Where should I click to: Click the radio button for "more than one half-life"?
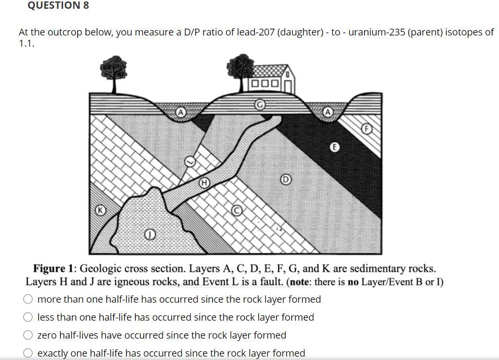click(29, 299)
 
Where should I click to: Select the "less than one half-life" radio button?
click(29, 317)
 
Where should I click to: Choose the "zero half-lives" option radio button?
click(29, 335)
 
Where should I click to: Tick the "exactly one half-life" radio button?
click(29, 353)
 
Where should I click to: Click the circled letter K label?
click(100, 210)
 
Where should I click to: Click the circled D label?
click(286, 180)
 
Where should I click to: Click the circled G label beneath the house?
click(260, 105)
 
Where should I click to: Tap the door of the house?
click(287, 85)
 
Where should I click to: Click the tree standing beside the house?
click(241, 71)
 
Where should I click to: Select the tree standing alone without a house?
click(114, 72)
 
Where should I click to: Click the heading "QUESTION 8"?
click(58, 6)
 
